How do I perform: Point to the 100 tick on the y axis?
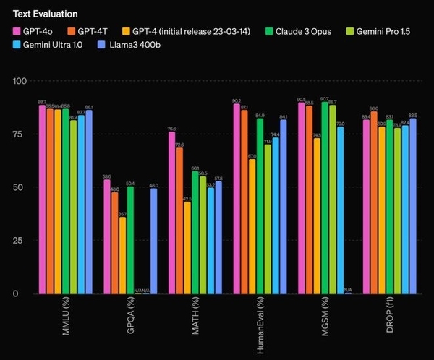(23, 81)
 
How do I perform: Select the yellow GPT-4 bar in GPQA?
(123, 255)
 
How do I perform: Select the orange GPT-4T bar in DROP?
(374, 202)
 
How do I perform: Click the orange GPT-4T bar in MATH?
(179, 220)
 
